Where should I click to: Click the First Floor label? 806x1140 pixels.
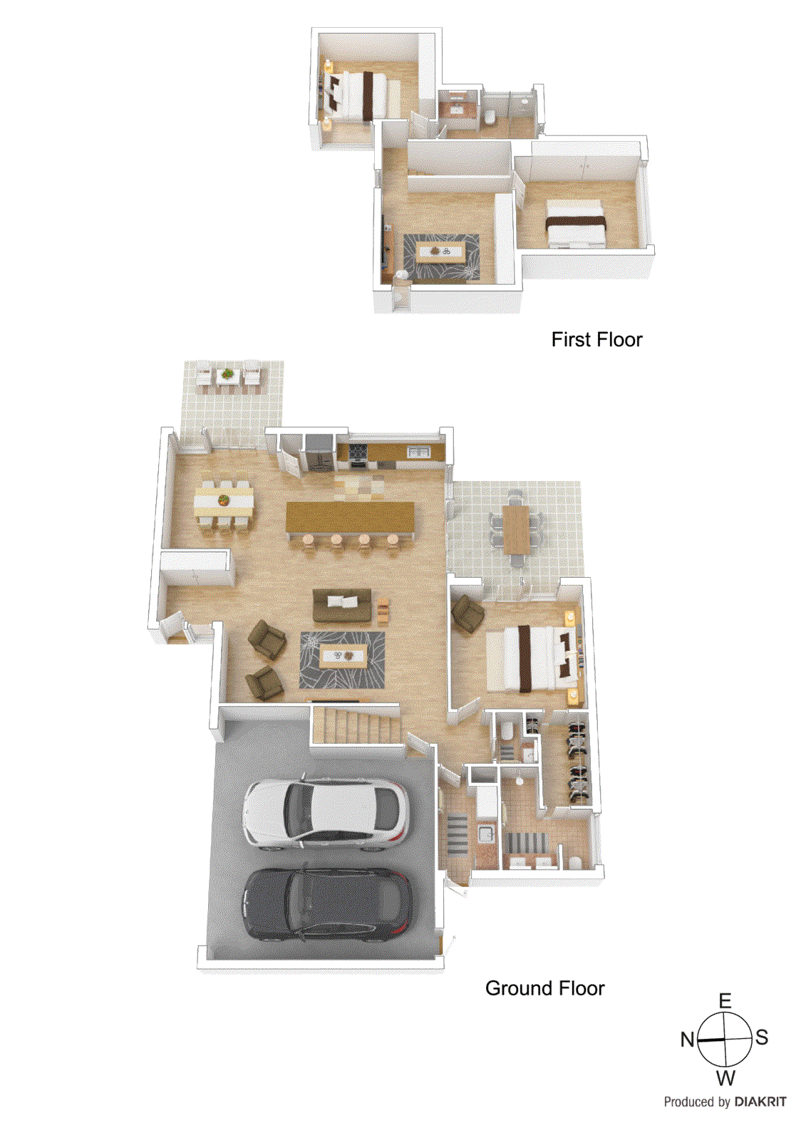(x=596, y=340)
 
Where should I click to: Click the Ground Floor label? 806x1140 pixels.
(x=544, y=988)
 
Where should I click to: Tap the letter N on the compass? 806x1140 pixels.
(x=687, y=1040)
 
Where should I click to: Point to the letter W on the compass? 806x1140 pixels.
(x=725, y=1077)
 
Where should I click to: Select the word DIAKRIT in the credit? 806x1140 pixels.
(x=760, y=1102)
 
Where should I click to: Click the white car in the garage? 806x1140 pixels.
(x=326, y=813)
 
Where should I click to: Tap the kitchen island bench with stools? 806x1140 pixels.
(x=349, y=518)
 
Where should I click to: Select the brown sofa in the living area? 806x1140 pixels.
(x=342, y=605)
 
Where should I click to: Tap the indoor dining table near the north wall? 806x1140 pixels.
(x=224, y=502)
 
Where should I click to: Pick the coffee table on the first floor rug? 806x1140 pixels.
(x=440, y=252)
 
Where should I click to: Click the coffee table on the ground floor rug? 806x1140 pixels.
(x=343, y=656)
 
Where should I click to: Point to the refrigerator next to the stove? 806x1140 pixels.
(x=319, y=453)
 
